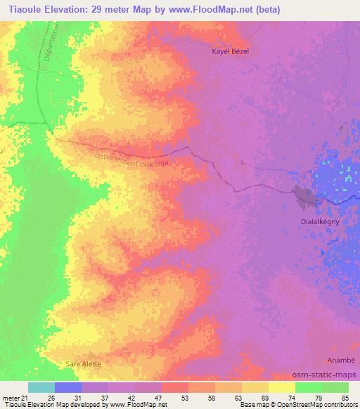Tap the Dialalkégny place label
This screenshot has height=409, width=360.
(x=312, y=220)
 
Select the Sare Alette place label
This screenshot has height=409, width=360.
(x=83, y=364)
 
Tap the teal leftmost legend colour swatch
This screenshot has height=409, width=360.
(x=41, y=387)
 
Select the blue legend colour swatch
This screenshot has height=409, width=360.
(x=68, y=387)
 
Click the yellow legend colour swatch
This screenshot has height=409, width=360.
(x=281, y=387)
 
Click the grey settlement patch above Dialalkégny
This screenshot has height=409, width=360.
(x=307, y=197)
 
